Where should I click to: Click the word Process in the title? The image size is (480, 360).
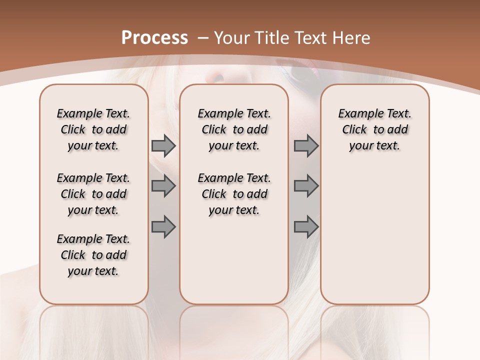(x=154, y=37)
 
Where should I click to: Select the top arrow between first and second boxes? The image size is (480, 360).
(x=163, y=146)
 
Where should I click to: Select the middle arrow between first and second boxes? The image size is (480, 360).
(x=163, y=186)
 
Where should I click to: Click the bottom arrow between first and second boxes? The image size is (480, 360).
(x=163, y=226)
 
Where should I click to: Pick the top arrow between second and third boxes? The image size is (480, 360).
(x=306, y=146)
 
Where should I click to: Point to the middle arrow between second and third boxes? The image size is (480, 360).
(x=306, y=186)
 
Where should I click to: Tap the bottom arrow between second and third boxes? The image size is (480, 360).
(x=306, y=226)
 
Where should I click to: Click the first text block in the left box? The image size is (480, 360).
(x=93, y=129)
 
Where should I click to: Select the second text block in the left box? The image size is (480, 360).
(x=93, y=194)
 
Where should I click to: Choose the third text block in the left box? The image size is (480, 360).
(x=93, y=255)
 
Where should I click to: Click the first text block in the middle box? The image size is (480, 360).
(x=234, y=129)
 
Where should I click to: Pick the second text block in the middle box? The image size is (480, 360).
(x=234, y=194)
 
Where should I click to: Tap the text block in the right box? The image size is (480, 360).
(x=374, y=129)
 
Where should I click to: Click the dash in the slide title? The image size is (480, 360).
(x=203, y=37)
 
